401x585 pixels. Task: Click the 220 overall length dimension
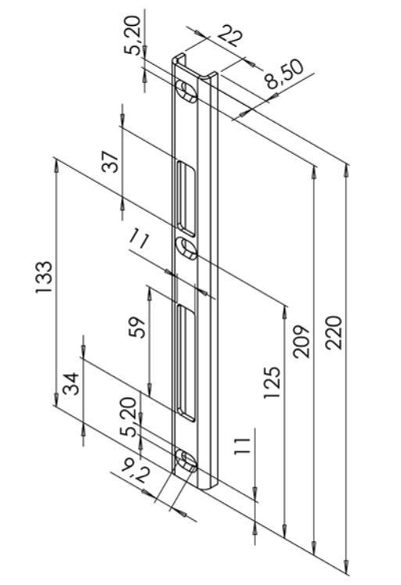tap(334, 332)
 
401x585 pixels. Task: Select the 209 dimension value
tap(301, 341)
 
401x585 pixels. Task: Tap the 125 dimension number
tap(271, 383)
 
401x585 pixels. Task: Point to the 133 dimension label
tap(44, 276)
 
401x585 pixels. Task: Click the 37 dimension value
tap(110, 162)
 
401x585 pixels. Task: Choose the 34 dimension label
tap(70, 383)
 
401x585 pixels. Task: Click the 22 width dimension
tap(229, 35)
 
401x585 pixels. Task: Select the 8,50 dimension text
tap(285, 75)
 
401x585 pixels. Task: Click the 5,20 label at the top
tap(133, 36)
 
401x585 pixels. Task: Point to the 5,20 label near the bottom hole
tap(128, 417)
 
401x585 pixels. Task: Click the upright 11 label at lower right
tap(242, 446)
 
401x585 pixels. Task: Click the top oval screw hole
tap(185, 91)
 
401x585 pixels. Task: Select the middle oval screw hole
tap(186, 248)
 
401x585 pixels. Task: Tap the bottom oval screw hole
tap(185, 460)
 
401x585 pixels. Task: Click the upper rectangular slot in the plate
tap(186, 198)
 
